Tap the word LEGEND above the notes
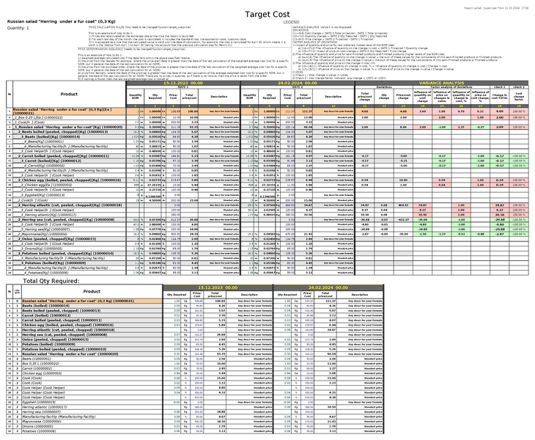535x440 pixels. click(291, 23)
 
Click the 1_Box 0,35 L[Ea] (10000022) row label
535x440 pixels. click(41, 117)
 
